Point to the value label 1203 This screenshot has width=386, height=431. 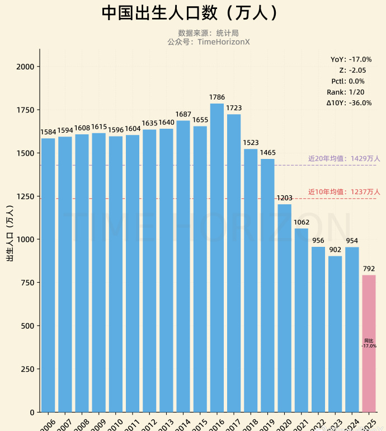[285, 198]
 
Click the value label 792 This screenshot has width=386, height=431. [369, 269]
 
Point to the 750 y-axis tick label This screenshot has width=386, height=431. [28, 283]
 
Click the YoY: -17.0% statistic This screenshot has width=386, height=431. [351, 59]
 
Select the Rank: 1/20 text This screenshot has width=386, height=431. [346, 92]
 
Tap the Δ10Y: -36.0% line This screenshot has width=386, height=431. [349, 103]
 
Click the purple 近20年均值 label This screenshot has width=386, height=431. [343, 159]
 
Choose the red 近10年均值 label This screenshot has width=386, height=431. [343, 192]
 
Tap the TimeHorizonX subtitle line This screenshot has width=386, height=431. [208, 42]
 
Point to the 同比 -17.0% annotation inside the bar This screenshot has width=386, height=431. [369, 343]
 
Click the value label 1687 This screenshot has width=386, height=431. [183, 115]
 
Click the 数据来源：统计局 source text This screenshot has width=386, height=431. [208, 33]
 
